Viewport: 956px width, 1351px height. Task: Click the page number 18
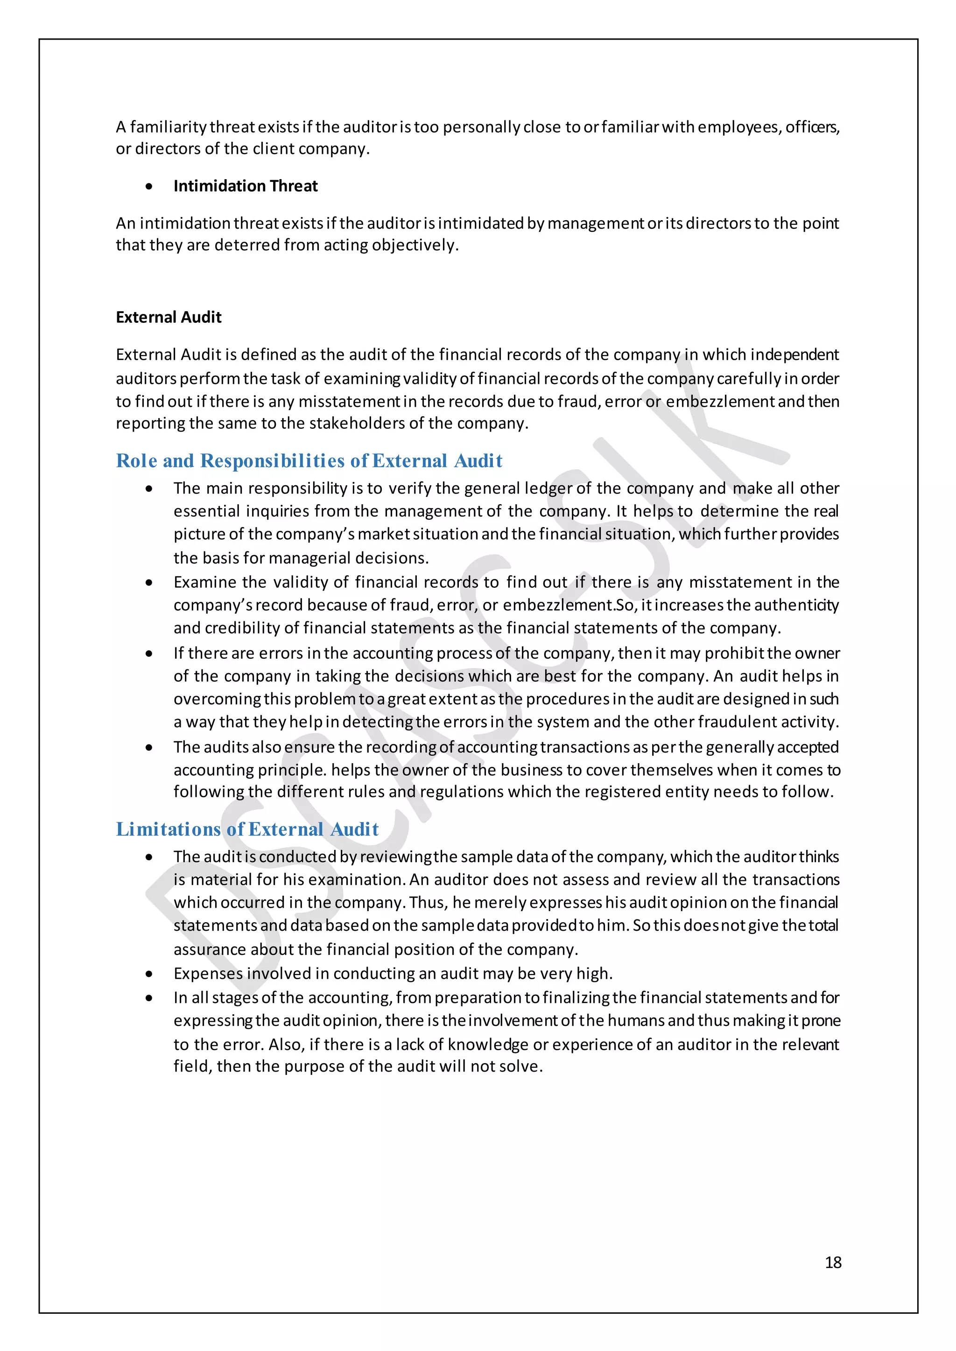point(832,1262)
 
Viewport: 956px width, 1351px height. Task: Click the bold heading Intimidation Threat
point(245,186)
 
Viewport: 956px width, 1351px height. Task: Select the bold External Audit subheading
point(169,317)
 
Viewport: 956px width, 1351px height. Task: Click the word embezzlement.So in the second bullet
point(569,605)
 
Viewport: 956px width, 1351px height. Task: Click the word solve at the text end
point(520,1066)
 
